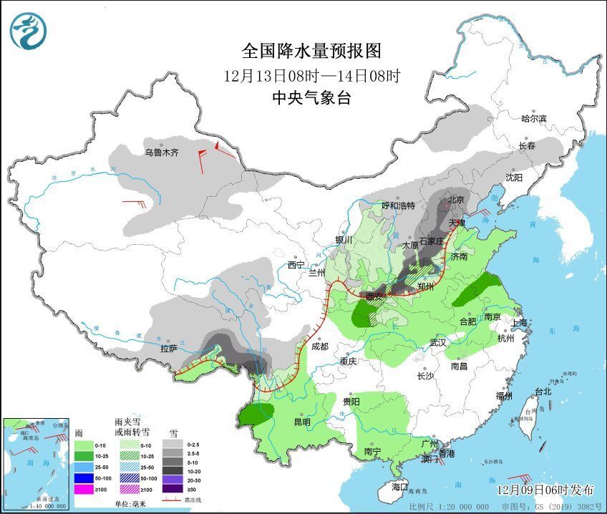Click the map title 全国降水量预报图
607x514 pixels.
click(x=312, y=51)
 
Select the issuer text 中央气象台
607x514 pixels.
click(x=312, y=98)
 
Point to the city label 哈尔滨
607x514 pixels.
click(x=533, y=119)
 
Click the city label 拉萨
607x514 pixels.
click(x=169, y=349)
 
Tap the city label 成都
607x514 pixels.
click(x=320, y=346)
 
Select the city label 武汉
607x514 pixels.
click(x=437, y=344)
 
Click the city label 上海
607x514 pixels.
click(x=518, y=323)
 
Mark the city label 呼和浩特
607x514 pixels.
click(x=398, y=205)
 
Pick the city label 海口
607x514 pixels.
click(x=401, y=486)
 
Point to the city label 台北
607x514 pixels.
click(x=543, y=392)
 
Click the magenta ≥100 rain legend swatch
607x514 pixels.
click(x=84, y=490)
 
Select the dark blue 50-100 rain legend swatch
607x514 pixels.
click(x=84, y=477)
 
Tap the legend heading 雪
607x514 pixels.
click(x=173, y=433)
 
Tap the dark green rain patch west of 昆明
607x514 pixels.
click(x=258, y=413)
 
